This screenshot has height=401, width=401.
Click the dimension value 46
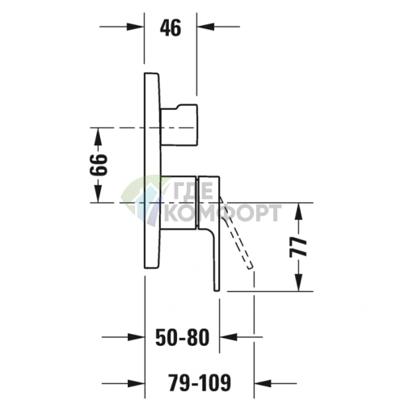click(x=171, y=28)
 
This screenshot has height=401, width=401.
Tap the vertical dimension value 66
click(x=99, y=165)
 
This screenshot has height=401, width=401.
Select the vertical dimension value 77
click(x=298, y=247)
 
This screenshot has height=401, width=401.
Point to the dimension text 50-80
click(x=183, y=337)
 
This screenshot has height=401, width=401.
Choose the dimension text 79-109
click(x=200, y=382)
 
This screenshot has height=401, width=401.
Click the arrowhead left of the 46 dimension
click(x=135, y=27)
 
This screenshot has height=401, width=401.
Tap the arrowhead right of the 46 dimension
click(x=205, y=27)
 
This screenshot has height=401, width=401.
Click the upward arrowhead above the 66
click(x=99, y=136)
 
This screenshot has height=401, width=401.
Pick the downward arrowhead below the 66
click(x=99, y=193)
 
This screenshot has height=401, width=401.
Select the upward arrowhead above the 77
click(x=298, y=211)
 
